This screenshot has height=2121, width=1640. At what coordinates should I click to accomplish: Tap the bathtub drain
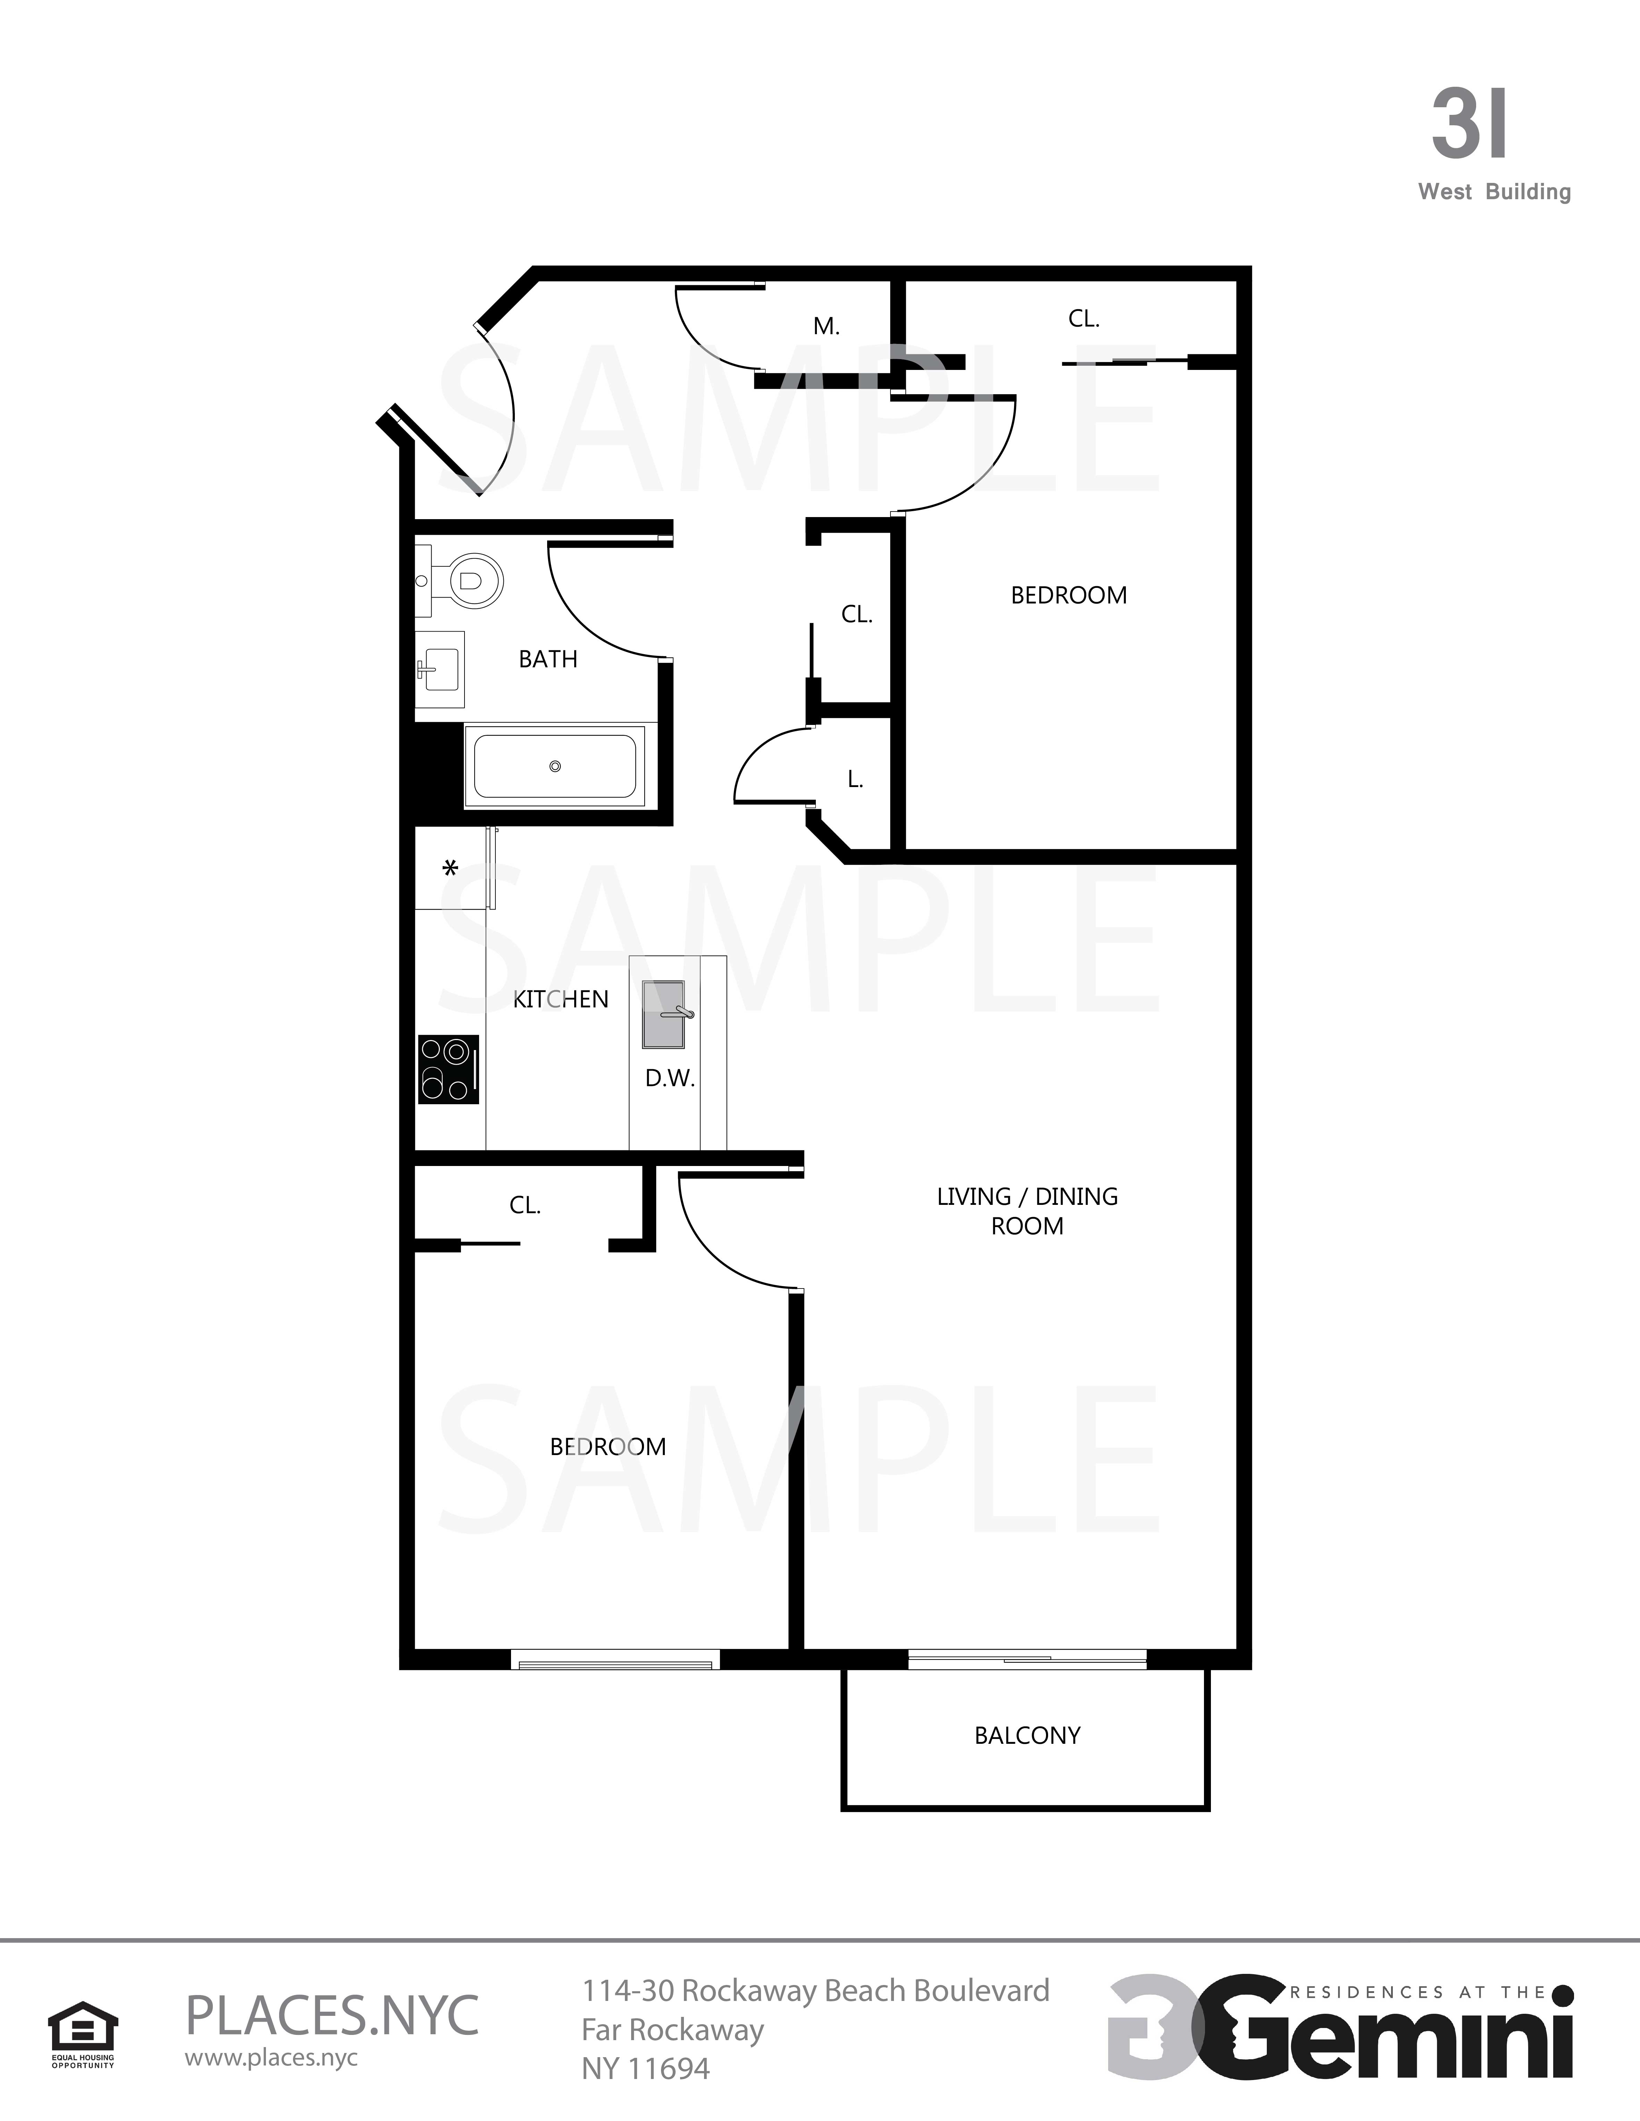pyautogui.click(x=555, y=766)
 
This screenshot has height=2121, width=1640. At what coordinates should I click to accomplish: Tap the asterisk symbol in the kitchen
pyautogui.click(x=450, y=867)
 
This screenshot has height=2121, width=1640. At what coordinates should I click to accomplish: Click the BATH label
pyautogui.click(x=548, y=659)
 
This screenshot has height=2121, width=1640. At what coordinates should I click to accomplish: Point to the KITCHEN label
pyautogui.click(x=561, y=999)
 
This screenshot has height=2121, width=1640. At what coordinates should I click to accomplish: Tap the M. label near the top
pyautogui.click(x=827, y=326)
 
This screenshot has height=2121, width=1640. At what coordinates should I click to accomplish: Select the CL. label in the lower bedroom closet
pyautogui.click(x=525, y=1205)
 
